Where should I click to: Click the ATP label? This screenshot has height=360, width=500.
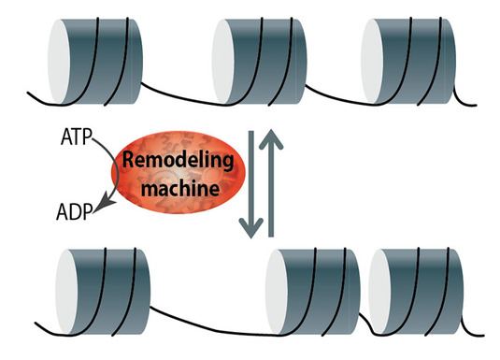coord(77,137)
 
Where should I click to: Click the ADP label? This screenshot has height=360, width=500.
coord(74,212)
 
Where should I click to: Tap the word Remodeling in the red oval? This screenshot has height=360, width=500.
coord(178,160)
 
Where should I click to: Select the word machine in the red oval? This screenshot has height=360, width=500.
coord(180,189)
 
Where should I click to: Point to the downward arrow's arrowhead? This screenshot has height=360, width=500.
coord(251,227)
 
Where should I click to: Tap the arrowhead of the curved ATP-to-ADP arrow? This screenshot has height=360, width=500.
coord(104,206)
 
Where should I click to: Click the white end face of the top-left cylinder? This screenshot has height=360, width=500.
coord(58,62)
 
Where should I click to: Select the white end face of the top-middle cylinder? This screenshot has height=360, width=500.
coord(223,62)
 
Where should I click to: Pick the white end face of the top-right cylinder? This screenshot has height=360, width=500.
coord(372,62)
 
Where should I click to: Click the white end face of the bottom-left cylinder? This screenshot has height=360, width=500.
coord(66,292)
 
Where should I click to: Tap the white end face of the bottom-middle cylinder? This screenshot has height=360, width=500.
coord(277,292)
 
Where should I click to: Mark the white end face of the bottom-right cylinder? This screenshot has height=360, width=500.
coord(380,292)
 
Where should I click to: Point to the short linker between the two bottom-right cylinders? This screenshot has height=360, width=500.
coord(366,324)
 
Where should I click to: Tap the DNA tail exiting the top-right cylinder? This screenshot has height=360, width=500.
coord(463,101)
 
